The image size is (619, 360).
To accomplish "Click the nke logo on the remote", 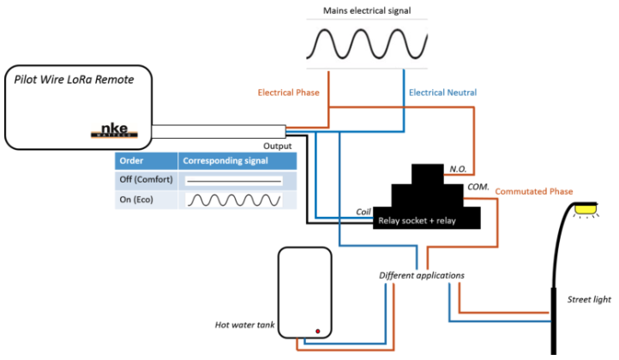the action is click(114, 130).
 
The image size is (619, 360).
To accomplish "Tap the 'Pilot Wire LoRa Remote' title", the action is click(74, 80).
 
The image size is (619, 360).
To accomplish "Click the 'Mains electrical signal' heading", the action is click(367, 10).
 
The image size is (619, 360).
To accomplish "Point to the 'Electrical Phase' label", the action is click(288, 93).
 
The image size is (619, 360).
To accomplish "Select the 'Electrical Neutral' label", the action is click(442, 93).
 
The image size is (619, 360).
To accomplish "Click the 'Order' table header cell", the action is click(146, 160).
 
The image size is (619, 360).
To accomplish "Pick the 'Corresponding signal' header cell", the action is click(237, 160).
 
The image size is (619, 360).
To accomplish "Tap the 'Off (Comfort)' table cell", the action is click(146, 180).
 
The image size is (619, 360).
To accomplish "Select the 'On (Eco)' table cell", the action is click(146, 200).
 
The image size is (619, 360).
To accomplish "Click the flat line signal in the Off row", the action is click(234, 181).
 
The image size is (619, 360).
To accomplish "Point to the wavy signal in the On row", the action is click(234, 200).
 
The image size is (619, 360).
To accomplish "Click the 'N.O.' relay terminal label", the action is click(458, 170).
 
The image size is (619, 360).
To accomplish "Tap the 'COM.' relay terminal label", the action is click(478, 187).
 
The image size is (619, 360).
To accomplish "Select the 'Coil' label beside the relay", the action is click(364, 212).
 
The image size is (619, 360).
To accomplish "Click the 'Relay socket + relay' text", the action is click(417, 220).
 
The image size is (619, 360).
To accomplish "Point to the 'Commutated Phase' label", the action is click(534, 191).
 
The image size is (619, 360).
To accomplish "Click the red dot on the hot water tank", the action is click(318, 331).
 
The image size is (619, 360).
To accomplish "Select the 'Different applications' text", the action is click(422, 275).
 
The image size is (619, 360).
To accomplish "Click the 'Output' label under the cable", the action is click(277, 146).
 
